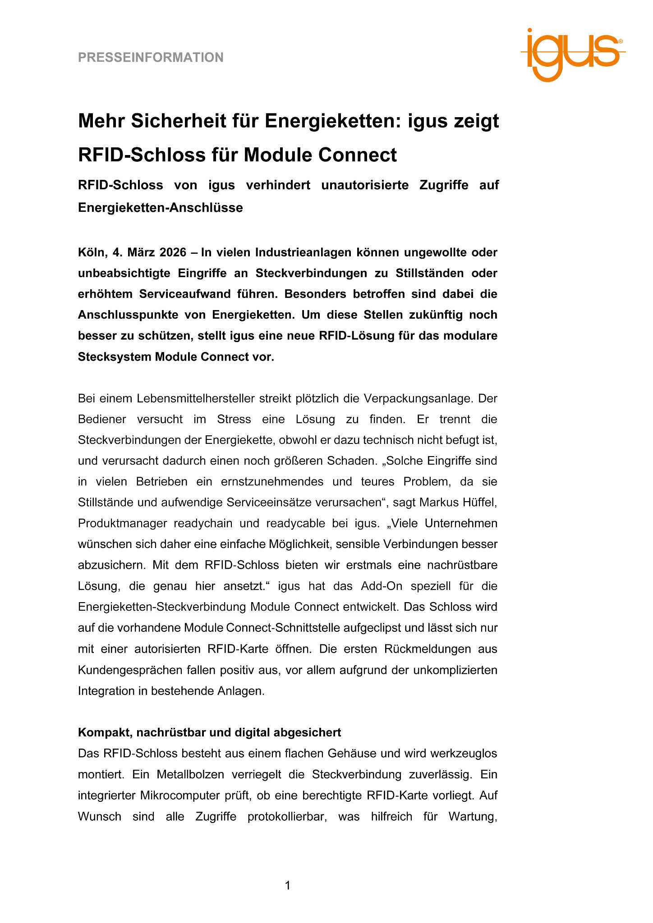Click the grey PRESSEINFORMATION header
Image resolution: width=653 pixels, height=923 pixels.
tap(151, 58)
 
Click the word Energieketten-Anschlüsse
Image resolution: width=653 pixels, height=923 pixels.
tap(160, 208)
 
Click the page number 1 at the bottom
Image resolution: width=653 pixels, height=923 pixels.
tap(288, 886)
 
